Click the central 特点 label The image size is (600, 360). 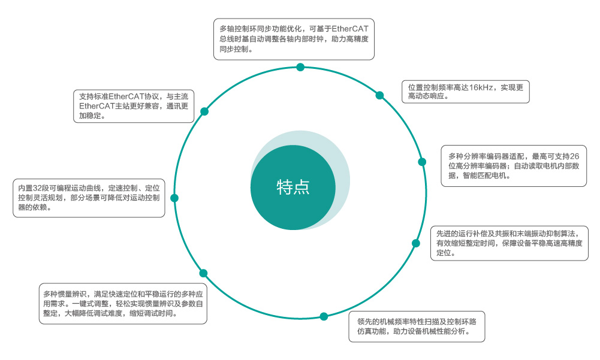(x=293, y=187)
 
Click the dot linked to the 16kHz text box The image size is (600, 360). (x=379, y=95)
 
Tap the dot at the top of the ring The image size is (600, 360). (x=300, y=67)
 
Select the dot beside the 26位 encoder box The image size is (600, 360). (x=422, y=162)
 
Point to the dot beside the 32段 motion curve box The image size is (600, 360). (x=174, y=198)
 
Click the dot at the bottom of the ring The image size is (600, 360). (x=324, y=316)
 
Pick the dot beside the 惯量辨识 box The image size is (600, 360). (x=203, y=273)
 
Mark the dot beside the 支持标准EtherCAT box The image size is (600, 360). (x=204, y=111)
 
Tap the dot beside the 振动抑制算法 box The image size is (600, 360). (x=415, y=243)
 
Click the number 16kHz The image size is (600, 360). (x=481, y=87)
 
